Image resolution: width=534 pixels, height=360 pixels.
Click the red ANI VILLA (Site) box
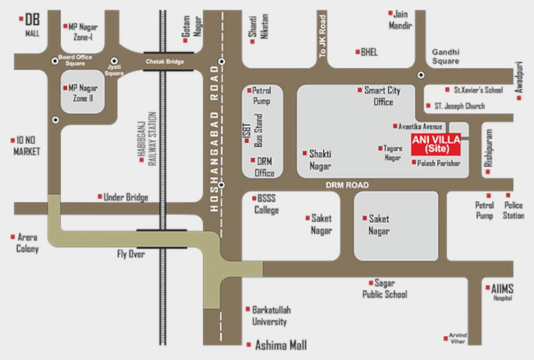[x=436, y=144]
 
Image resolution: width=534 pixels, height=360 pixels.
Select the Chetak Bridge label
[x=165, y=61]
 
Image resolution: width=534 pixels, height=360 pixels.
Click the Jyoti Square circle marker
[x=114, y=61]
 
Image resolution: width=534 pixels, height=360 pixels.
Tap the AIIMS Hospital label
[x=502, y=292]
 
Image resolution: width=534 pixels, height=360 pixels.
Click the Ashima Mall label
[x=280, y=345]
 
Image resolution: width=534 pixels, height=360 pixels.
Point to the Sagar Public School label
[x=384, y=289]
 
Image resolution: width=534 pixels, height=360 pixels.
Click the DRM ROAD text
[x=347, y=186]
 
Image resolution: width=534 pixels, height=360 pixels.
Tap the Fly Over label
[x=131, y=254]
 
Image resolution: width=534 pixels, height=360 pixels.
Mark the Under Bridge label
[x=126, y=197]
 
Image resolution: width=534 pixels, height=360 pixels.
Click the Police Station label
[x=513, y=210]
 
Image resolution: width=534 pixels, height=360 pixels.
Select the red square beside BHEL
[x=358, y=52]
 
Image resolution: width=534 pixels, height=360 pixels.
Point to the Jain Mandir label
[x=400, y=20]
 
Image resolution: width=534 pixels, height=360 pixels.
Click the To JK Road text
[x=322, y=37]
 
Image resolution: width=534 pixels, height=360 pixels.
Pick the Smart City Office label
[x=383, y=96]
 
